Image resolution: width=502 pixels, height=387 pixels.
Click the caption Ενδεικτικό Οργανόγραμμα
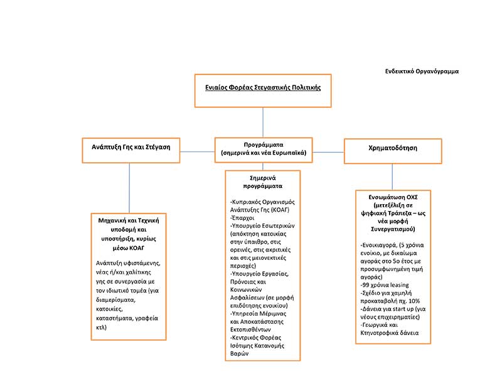click(422, 71)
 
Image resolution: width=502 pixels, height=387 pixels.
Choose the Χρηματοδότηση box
click(393, 148)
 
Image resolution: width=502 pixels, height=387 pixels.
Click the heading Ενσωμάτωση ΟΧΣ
click(393, 196)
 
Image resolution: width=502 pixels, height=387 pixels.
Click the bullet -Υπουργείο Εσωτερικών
click(262, 225)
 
